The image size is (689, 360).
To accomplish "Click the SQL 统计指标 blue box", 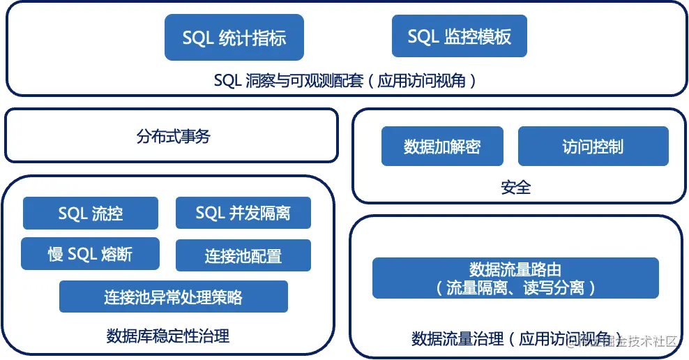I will coord(234,37).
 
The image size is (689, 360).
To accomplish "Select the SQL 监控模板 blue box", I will coord(459,36).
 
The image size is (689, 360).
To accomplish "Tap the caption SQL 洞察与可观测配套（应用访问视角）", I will coord(347,80).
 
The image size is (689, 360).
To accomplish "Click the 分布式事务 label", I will coord(173,137).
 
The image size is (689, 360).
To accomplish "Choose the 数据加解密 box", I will coord(442,147).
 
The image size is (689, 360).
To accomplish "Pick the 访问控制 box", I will coord(593,147).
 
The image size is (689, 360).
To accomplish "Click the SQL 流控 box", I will coord(91,213).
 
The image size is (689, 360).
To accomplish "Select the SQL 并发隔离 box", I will coord(243,213).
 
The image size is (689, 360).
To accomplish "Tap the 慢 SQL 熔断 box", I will coord(90,254).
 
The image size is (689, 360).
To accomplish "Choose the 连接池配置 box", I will coord(243,255).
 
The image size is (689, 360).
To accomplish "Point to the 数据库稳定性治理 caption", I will coord(168,336).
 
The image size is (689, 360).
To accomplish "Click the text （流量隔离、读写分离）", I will coord(515,287).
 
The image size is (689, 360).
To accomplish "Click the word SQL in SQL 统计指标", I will coord(197,37).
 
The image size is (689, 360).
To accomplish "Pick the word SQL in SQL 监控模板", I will coord(423,36).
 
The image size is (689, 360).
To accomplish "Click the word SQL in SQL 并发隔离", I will coord(210,213).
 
